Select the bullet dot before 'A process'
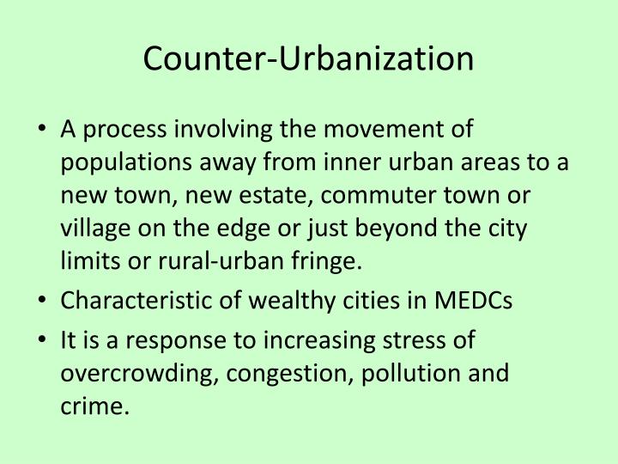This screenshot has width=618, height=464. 42,131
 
